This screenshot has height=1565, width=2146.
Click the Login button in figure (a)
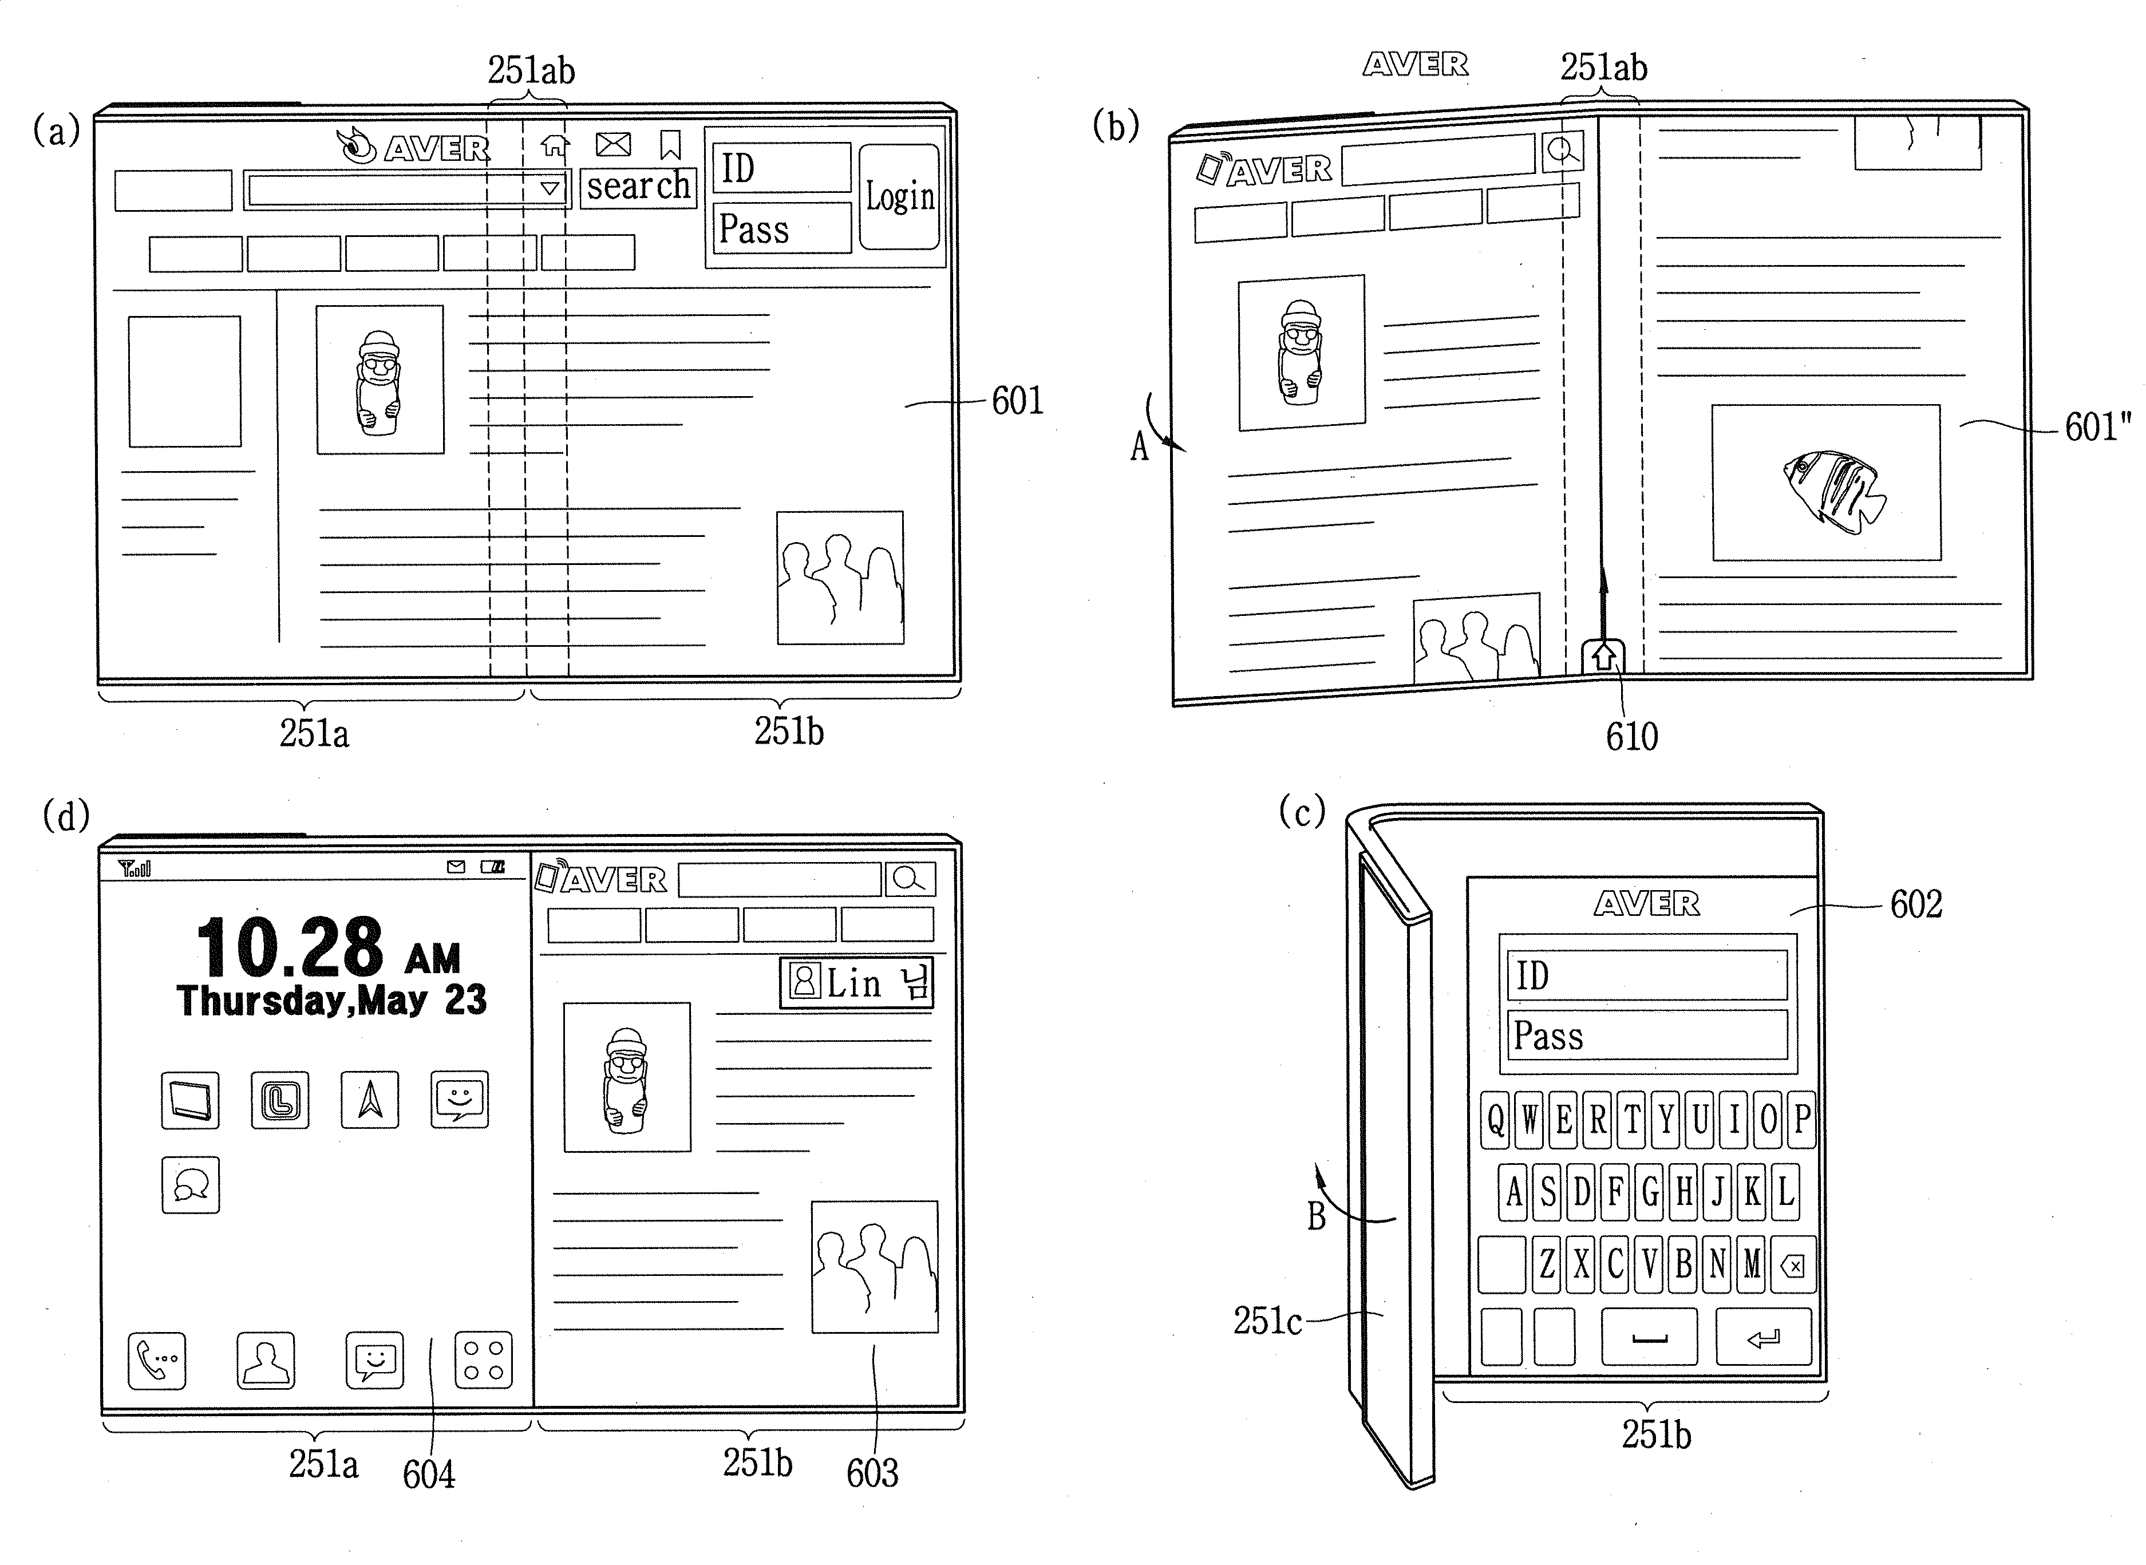(x=899, y=196)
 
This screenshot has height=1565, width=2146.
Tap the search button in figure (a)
(x=639, y=187)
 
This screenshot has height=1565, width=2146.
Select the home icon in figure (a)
(x=555, y=145)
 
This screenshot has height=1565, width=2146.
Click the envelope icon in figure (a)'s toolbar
(x=613, y=144)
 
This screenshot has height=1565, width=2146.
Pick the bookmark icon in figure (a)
(x=671, y=145)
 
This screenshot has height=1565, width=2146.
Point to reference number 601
(x=1018, y=401)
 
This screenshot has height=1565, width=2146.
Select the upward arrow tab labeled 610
(x=1603, y=657)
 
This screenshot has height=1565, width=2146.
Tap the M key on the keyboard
(x=1752, y=1264)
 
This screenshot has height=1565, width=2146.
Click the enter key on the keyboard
(x=1763, y=1337)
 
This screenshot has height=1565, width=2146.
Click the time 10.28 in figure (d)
(x=290, y=947)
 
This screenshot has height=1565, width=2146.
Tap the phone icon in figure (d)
(x=156, y=1361)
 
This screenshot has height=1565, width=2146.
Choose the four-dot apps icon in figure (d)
(x=483, y=1361)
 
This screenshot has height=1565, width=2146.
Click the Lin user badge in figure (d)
(x=856, y=982)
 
